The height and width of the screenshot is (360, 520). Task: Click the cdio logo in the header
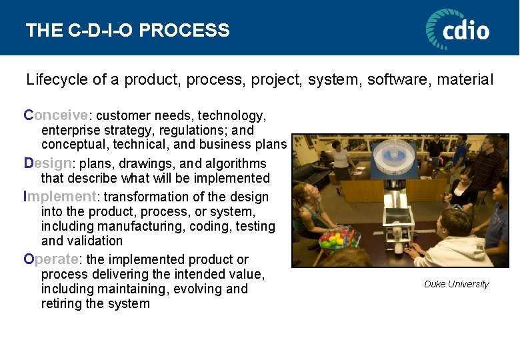tap(457, 29)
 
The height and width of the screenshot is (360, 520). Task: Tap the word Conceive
tap(55, 115)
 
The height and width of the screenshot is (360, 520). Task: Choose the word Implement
tap(60, 197)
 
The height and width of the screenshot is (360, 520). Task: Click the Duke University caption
tap(456, 284)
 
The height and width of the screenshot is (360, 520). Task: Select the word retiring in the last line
tap(63, 303)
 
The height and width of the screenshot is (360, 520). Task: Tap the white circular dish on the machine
tap(394, 153)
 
